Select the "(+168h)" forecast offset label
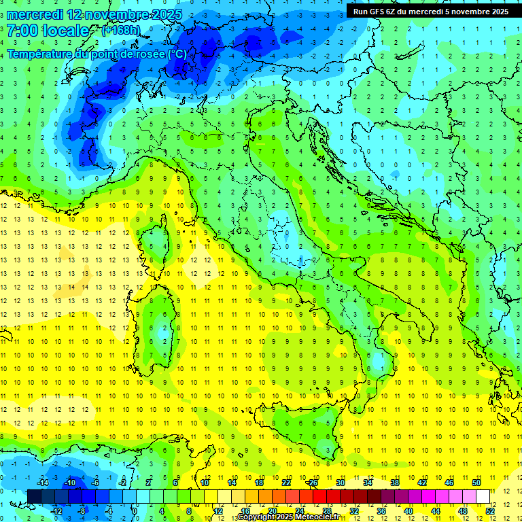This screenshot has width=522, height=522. pos(120,31)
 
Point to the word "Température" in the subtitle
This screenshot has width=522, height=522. pos(40,54)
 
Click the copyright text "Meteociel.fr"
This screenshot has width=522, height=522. pos(319,517)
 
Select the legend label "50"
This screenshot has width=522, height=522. pos(476,483)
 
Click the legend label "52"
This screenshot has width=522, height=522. pos(490,510)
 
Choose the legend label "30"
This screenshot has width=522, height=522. pos(341,483)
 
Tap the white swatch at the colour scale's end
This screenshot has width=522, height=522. pos(483,496)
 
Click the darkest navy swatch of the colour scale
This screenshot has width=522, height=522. pos(34,496)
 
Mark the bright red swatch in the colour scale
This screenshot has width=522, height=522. pos(319,496)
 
